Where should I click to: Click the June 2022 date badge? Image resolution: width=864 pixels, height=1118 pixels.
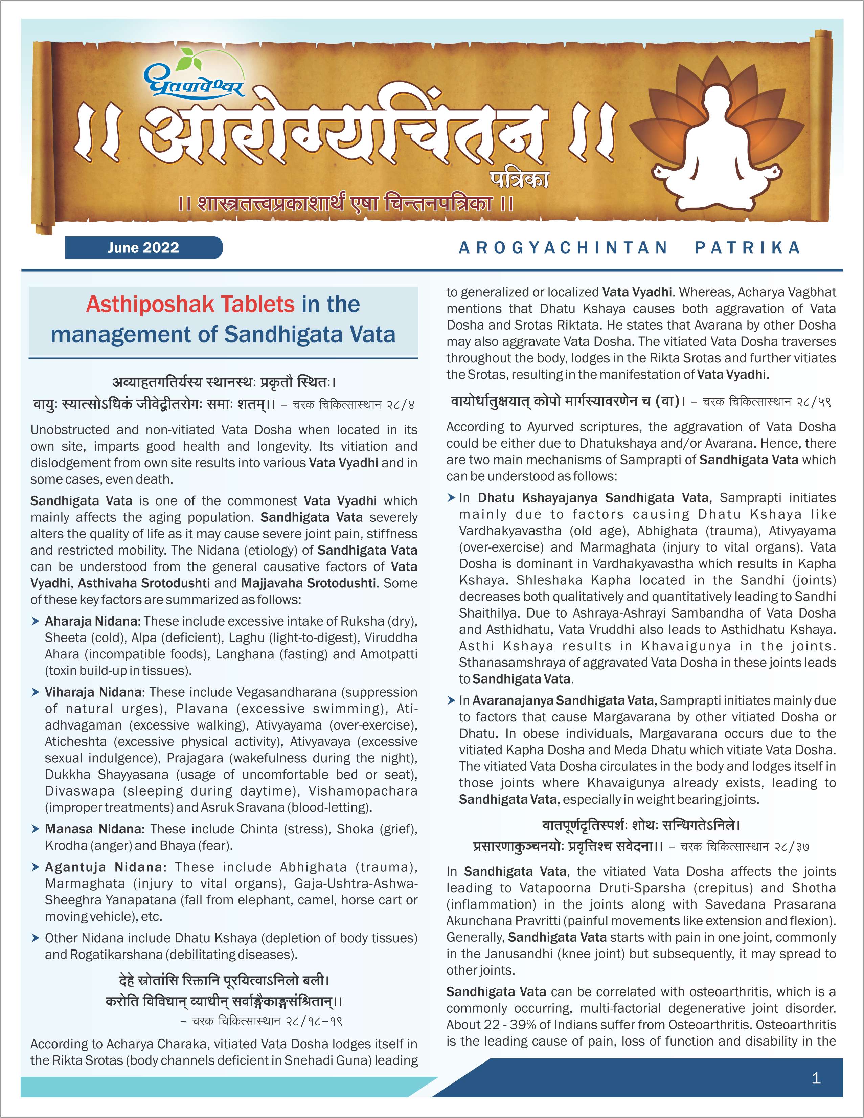tap(143, 248)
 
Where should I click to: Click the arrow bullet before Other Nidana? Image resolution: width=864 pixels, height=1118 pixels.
tap(35, 938)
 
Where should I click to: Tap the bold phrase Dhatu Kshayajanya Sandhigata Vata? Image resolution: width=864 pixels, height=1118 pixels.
tap(593, 498)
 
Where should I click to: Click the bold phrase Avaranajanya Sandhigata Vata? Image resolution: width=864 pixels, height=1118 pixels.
tap(562, 700)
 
